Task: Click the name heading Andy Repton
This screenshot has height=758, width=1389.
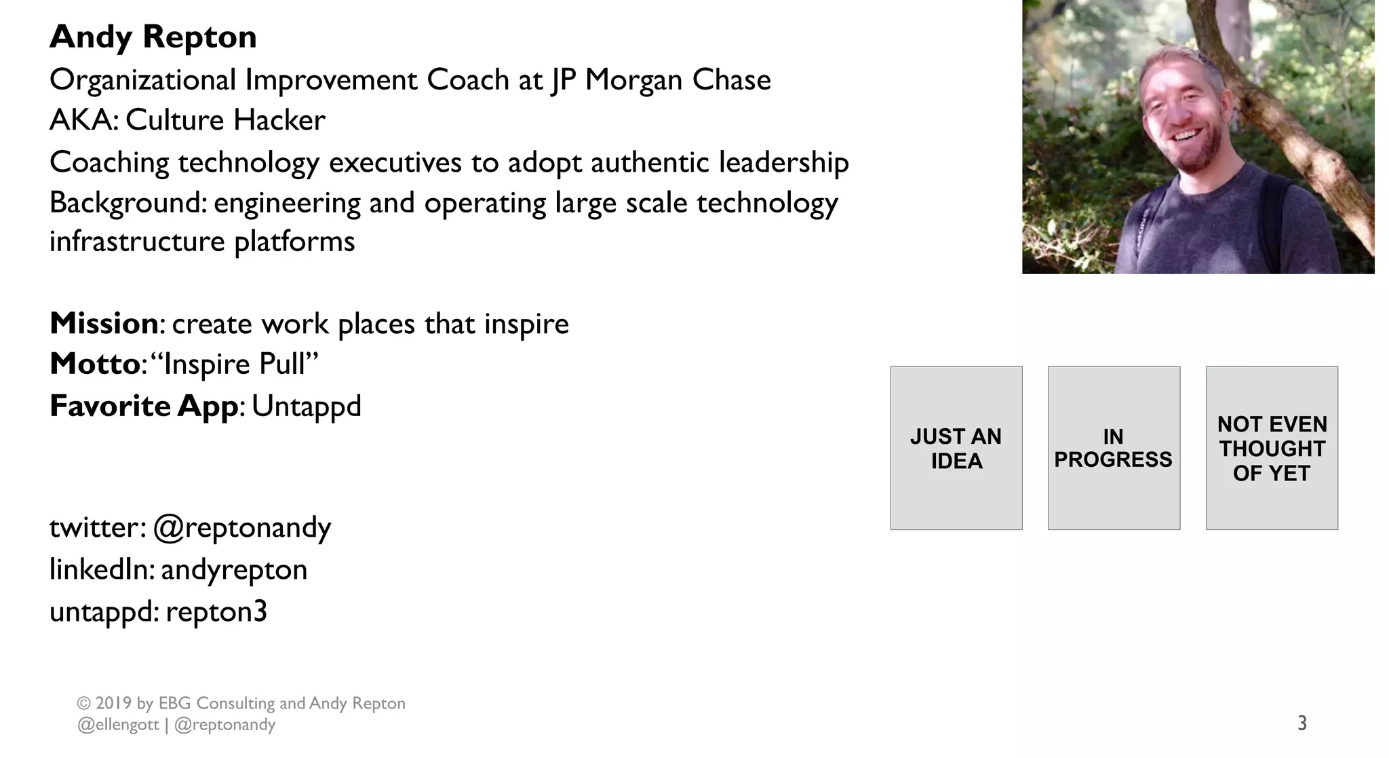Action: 153,37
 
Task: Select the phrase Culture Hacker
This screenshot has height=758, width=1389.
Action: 225,121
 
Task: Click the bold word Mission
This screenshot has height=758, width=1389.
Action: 104,324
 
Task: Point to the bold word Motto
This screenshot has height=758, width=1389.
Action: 95,364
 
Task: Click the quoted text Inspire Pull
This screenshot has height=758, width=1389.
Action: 240,364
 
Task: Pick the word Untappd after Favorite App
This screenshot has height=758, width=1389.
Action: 307,406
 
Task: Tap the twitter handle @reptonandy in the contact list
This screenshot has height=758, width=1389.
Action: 242,528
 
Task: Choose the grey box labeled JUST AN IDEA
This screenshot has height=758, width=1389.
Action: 956,448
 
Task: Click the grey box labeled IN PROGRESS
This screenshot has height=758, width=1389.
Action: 1113,448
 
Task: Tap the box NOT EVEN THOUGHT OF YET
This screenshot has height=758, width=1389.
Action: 1271,448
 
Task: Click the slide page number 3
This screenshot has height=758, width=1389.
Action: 1302,723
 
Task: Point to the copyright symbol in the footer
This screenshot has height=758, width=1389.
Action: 84,704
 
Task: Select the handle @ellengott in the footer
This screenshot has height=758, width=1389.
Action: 118,725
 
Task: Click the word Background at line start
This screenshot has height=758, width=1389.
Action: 126,203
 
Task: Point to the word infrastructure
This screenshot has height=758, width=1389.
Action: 138,242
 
